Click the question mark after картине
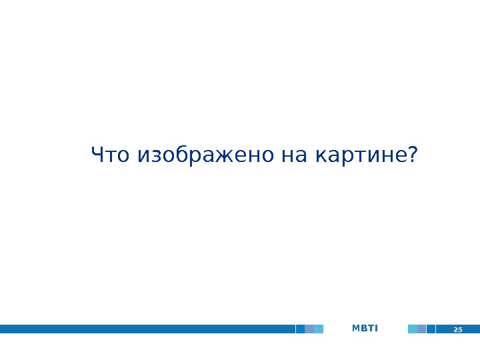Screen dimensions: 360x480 (413, 156)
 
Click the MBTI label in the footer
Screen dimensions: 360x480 (365, 328)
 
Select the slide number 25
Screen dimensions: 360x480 (458, 329)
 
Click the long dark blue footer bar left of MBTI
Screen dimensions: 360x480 (147, 329)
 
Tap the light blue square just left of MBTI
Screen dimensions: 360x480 (319, 329)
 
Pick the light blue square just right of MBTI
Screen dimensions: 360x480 (413, 329)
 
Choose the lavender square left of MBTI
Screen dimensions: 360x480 (309, 329)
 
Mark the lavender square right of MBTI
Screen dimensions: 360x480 (421, 329)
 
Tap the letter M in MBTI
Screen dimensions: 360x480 (355, 328)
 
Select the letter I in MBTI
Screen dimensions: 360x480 (376, 328)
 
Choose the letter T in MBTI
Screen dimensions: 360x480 (370, 328)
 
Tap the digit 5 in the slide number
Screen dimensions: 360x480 (460, 329)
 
